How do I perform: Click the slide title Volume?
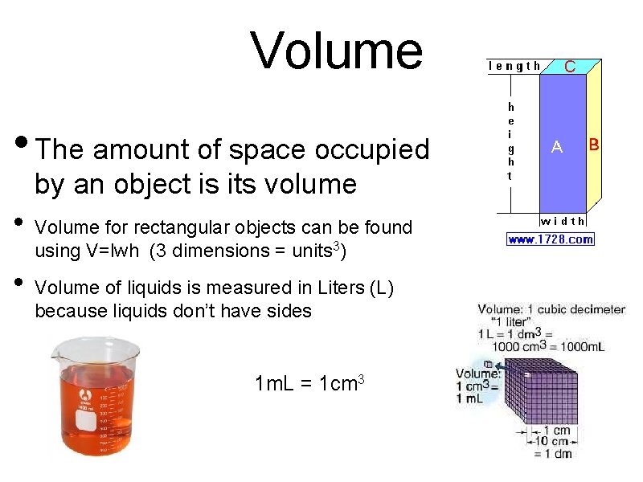pos(336,50)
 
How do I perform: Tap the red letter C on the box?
pos(569,67)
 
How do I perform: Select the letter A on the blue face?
pos(556,146)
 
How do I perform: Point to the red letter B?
pos(594,145)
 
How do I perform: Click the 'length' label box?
pos(515,66)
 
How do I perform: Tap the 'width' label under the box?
pos(563,221)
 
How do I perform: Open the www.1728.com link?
pos(551,239)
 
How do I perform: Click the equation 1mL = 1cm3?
pos(310,383)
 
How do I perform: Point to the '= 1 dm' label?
pos(553,454)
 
